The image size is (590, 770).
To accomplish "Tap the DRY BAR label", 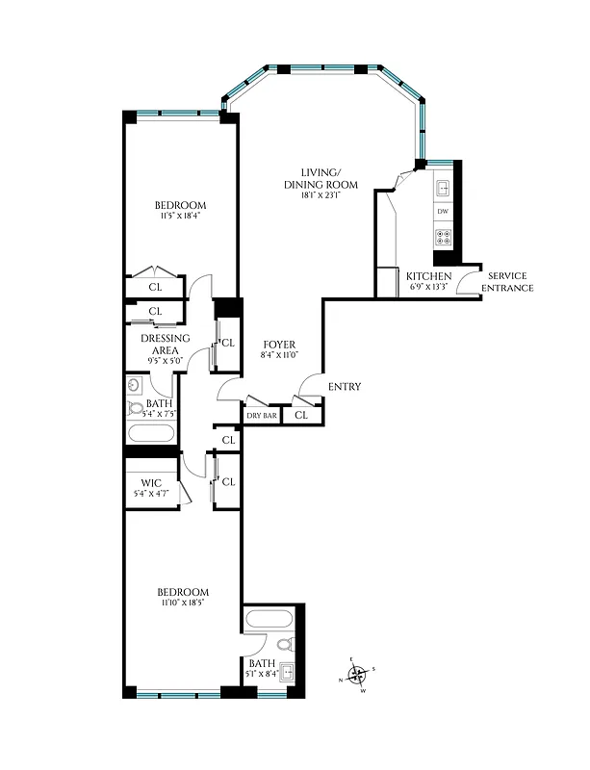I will coord(261,415).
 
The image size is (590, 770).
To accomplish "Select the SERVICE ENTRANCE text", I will coord(507,281).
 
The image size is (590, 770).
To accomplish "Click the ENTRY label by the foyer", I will coord(345,387).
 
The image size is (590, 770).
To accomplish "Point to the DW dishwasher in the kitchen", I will coord(443,211).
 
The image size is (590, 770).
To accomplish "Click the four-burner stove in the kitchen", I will coord(443,234).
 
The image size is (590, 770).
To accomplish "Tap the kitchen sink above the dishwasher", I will coord(444,188).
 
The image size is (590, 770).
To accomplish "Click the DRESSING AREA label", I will coord(165,344).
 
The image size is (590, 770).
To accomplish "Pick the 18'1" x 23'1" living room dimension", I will coord(321,195).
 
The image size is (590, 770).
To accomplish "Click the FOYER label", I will coord(279,345).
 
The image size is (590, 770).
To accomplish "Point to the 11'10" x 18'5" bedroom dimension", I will coord(182,602).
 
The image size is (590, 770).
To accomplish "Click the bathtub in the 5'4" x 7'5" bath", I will coord(150,432).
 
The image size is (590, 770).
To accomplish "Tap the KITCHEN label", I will coord(428,275).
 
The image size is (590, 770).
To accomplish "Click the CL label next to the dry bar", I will coord(300,415).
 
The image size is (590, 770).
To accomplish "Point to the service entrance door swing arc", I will coord(469,279).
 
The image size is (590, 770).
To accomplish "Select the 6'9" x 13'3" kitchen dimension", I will coord(428,287).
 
